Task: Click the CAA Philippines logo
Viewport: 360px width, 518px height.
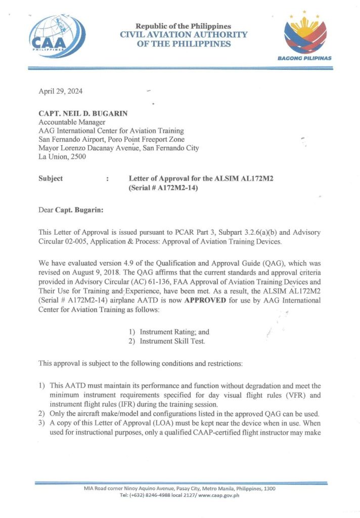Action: pos(49,34)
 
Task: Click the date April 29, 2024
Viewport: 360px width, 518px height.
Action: pos(61,92)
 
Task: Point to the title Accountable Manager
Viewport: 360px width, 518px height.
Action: pos(72,122)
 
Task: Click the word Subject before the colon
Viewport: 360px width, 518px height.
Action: pos(51,179)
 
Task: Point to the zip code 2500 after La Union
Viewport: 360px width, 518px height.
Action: pos(77,157)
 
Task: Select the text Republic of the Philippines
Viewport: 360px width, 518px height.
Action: pos(184,26)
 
